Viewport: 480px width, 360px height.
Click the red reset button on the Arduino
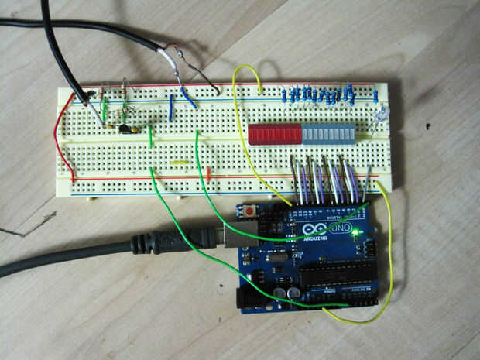pos(251,210)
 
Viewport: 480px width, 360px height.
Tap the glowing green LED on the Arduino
pos(355,231)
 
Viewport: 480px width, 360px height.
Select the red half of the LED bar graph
pos(276,135)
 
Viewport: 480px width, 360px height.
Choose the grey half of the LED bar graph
pos(327,134)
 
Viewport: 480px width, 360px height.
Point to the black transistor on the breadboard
pos(124,128)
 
